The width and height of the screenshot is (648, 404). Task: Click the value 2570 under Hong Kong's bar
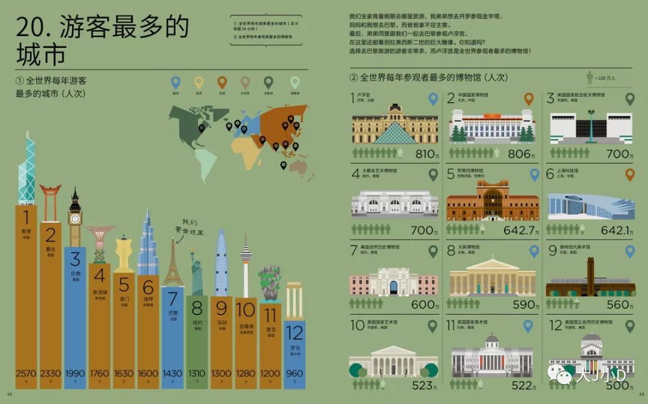click(x=26, y=373)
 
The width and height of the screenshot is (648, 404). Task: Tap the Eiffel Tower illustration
click(x=173, y=264)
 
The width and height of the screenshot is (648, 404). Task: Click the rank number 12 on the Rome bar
click(x=294, y=332)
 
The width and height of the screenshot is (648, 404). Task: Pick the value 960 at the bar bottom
click(x=294, y=373)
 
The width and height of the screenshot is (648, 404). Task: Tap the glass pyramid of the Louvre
click(x=395, y=133)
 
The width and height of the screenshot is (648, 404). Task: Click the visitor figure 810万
click(x=427, y=154)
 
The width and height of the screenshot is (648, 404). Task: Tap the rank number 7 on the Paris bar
click(x=173, y=298)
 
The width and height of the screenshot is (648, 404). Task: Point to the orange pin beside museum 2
click(x=529, y=99)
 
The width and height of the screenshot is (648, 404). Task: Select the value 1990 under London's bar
click(x=75, y=373)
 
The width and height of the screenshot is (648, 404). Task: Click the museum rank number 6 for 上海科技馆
click(x=550, y=174)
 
